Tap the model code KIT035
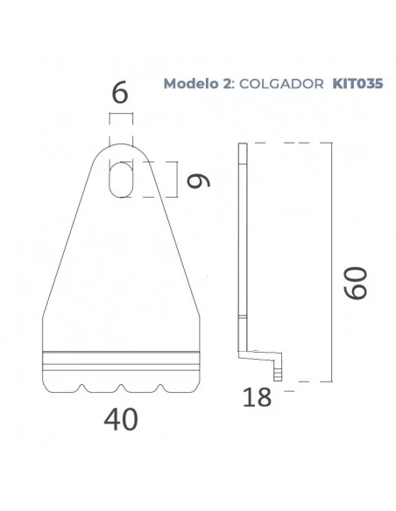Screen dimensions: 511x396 pos(356,84)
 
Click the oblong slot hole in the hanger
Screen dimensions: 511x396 pos(122,178)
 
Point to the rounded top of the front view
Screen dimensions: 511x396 pos(122,148)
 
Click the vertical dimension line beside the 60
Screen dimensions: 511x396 pos(330,262)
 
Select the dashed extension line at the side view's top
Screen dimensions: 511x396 pos(289,143)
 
